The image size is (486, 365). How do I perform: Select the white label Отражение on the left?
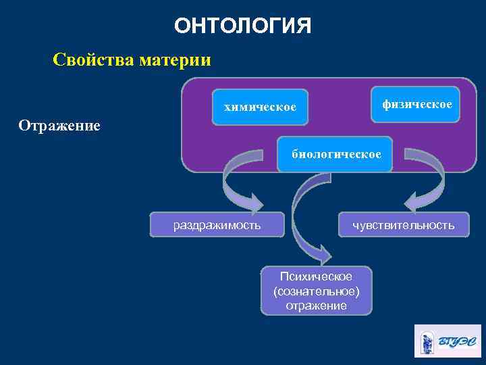pyautogui.click(x=59, y=126)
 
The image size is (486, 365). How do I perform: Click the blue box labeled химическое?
pyautogui.click(x=260, y=107)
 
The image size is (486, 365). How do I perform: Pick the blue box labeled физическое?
pyautogui.click(x=416, y=105)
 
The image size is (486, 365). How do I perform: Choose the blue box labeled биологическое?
pyautogui.click(x=335, y=154)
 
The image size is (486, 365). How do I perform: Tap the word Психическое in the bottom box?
pyautogui.click(x=316, y=277)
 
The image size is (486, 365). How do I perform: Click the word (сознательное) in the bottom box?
pyautogui.click(x=316, y=291)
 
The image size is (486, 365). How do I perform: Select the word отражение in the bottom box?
pyautogui.click(x=316, y=306)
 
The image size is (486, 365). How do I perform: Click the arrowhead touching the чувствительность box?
pyautogui.click(x=413, y=202)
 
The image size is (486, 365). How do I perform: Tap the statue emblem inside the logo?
pyautogui.click(x=427, y=341)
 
